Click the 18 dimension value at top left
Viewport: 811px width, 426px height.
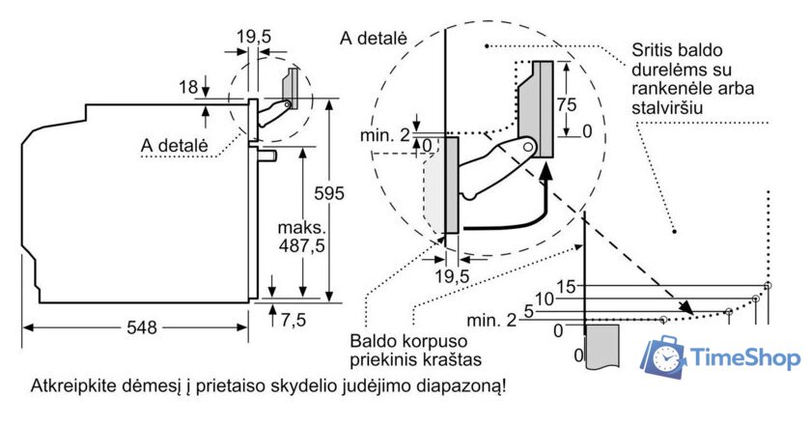coord(188,87)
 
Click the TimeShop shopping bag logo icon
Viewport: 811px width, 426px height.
coord(667,357)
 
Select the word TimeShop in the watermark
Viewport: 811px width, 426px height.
coord(746,358)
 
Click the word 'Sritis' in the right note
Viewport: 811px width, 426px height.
coord(654,50)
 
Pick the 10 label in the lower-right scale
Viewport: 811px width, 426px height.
coord(546,299)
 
